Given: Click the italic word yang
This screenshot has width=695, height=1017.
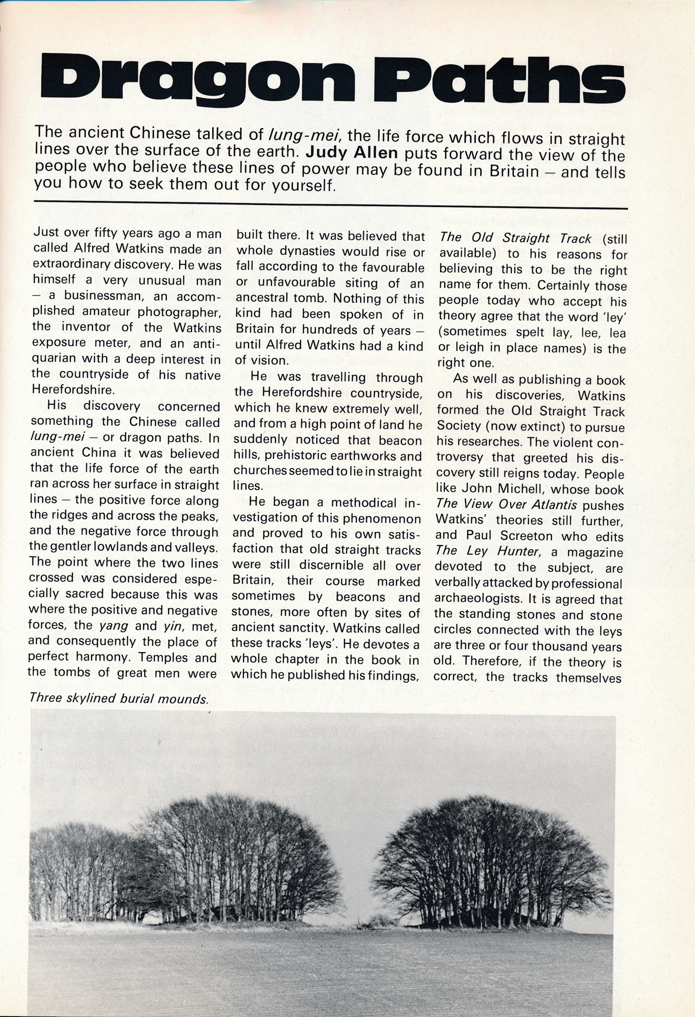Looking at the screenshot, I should [113, 625].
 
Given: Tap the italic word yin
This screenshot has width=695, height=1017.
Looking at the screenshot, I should [172, 626].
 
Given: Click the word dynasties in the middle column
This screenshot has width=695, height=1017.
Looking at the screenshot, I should [301, 251].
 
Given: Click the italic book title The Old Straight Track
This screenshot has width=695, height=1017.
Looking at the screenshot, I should [515, 238].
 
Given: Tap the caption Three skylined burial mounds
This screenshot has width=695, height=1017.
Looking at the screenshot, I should [118, 698].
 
